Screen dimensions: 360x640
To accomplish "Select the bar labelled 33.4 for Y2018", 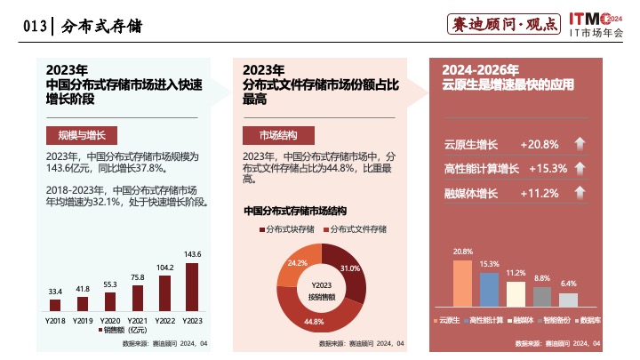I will pyautogui.click(x=55, y=306).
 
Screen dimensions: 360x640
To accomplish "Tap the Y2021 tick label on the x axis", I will pyautogui.click(x=137, y=319).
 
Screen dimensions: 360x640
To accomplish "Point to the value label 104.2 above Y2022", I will pyautogui.click(x=164, y=267).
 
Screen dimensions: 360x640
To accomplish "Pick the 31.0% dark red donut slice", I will pyautogui.click(x=347, y=271).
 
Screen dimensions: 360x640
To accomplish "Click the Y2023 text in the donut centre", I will pyautogui.click(x=322, y=284).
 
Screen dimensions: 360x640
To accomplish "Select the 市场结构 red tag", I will pyautogui.click(x=277, y=135).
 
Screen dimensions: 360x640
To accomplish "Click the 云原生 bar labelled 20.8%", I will pyautogui.click(x=462, y=283).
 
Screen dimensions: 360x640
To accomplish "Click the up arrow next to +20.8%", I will pyautogui.click(x=579, y=144).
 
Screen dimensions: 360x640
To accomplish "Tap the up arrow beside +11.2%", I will pyautogui.click(x=579, y=193).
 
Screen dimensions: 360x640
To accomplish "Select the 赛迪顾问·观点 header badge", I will pyautogui.click(x=504, y=25).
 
